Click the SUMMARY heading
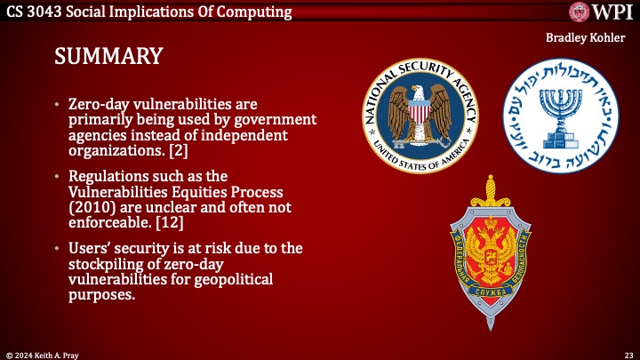(108, 57)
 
